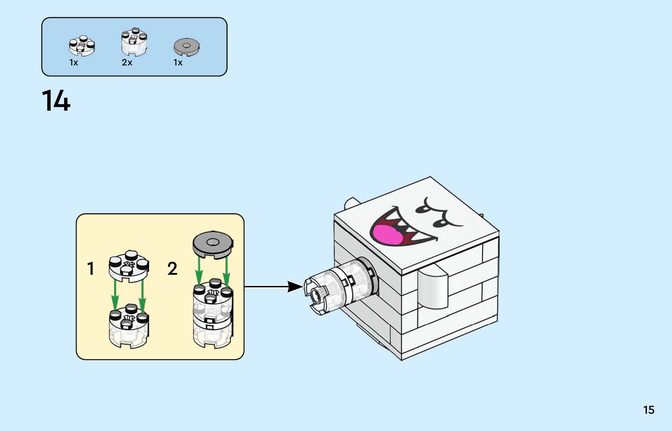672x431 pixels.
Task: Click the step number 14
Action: [x=56, y=101]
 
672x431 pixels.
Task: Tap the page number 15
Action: [x=649, y=410]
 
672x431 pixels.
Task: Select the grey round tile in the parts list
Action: [x=186, y=47]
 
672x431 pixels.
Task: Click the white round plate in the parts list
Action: [x=82, y=46]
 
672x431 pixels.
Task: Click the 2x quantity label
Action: [x=127, y=62]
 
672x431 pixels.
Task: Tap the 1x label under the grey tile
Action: [x=178, y=62]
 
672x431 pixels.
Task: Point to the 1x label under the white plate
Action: [x=74, y=62]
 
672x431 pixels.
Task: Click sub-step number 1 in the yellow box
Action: [x=91, y=269]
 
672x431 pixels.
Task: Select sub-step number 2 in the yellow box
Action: [x=172, y=269]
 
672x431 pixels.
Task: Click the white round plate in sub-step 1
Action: [x=129, y=266]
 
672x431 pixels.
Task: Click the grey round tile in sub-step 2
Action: [x=213, y=244]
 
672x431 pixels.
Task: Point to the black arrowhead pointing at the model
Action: [x=295, y=286]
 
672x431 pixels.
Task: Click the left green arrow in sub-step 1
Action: [x=115, y=295]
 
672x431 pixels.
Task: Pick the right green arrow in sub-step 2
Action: [x=226, y=272]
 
